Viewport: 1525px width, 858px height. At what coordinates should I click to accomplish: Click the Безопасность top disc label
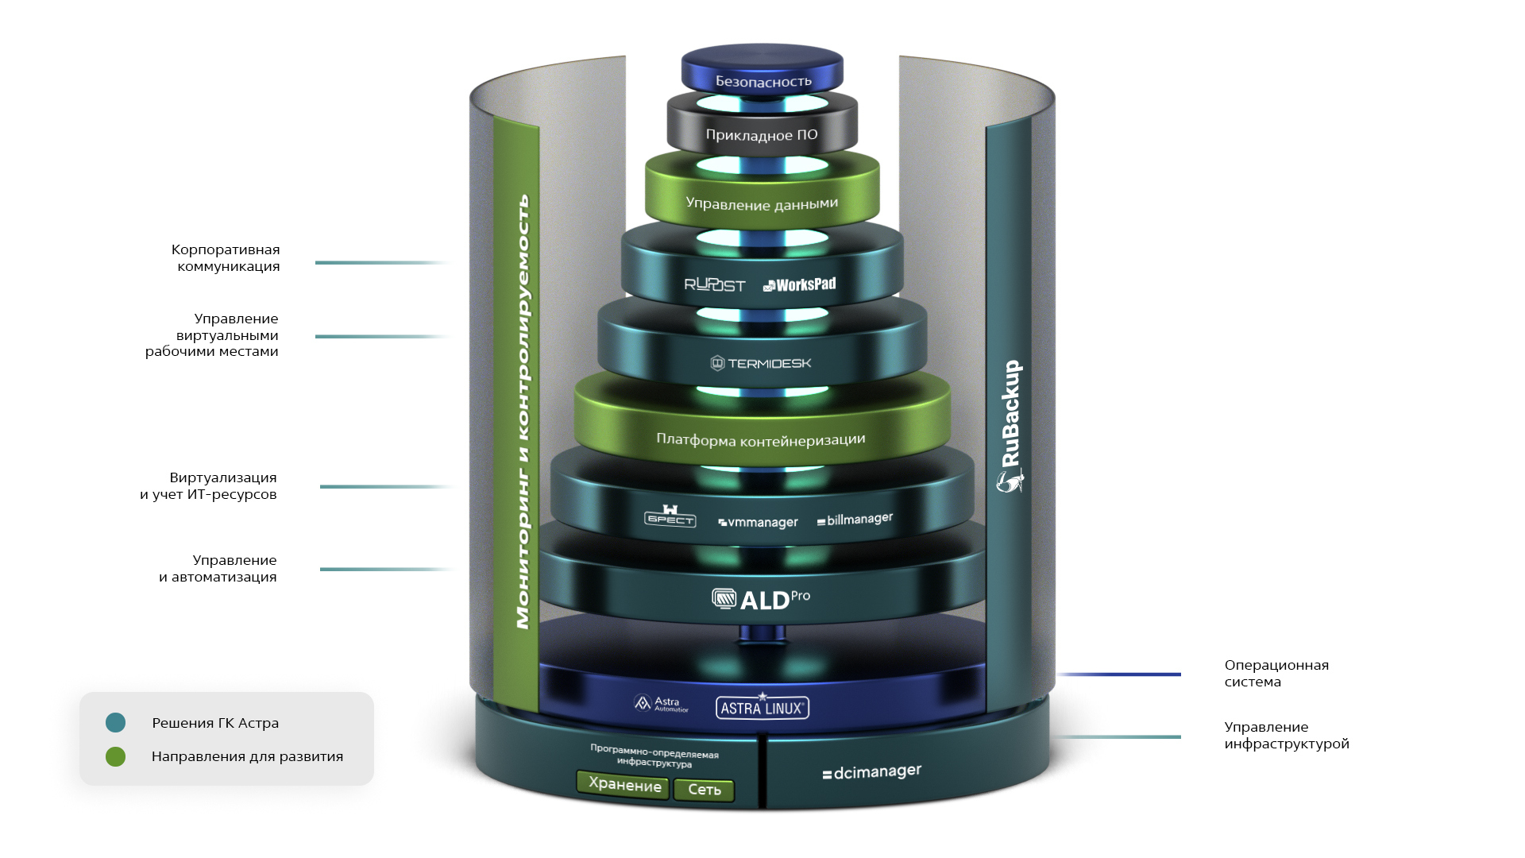pyautogui.click(x=763, y=81)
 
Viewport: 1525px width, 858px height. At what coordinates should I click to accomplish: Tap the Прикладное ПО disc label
pyautogui.click(x=762, y=135)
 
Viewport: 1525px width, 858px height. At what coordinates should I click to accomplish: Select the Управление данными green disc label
pyautogui.click(x=762, y=203)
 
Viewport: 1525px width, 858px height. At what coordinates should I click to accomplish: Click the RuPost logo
pyautogui.click(x=715, y=284)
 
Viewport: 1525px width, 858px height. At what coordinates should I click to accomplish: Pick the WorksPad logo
pyautogui.click(x=800, y=284)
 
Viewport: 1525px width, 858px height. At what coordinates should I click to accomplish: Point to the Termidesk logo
pyautogui.click(x=761, y=363)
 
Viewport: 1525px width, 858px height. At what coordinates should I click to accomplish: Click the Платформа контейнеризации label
pyautogui.click(x=761, y=439)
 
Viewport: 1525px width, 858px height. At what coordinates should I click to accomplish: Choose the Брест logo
pyautogui.click(x=670, y=516)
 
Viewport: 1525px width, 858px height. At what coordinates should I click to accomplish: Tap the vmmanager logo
pyautogui.click(x=759, y=522)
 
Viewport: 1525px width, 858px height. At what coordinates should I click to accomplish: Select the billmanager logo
pyautogui.click(x=855, y=520)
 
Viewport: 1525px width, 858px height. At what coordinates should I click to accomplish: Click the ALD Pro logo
pyautogui.click(x=761, y=599)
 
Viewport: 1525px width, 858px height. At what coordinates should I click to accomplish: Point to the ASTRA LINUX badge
pyautogui.click(x=762, y=707)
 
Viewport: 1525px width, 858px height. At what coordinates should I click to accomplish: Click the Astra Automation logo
pyautogui.click(x=661, y=704)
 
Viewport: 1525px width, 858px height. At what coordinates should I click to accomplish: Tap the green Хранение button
pyautogui.click(x=624, y=785)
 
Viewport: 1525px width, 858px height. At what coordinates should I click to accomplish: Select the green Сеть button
pyautogui.click(x=705, y=790)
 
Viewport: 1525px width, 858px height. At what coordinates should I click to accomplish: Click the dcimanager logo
pyautogui.click(x=872, y=771)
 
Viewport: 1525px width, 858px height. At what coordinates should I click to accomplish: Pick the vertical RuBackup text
pyautogui.click(x=1010, y=414)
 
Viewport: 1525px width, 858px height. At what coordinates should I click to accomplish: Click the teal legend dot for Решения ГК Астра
pyautogui.click(x=116, y=722)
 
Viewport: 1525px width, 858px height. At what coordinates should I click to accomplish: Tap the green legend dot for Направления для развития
pyautogui.click(x=116, y=756)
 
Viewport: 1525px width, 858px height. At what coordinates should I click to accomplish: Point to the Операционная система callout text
pyautogui.click(x=1276, y=673)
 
